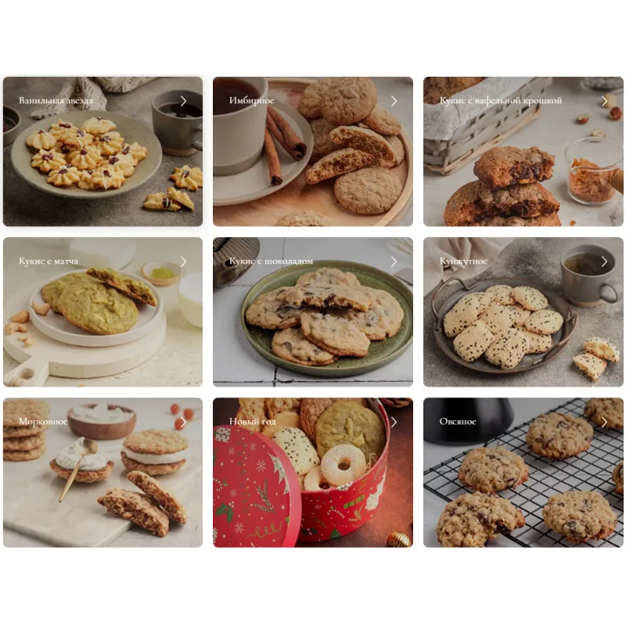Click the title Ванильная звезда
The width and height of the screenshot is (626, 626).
coord(56,100)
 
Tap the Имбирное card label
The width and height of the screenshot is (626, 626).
coord(251,100)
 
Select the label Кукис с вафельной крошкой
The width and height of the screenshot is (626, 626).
coord(501,100)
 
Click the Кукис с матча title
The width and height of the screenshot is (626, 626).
coord(49,261)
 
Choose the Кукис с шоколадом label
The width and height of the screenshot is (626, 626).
coord(271,261)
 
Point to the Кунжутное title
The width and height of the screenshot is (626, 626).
coord(463,261)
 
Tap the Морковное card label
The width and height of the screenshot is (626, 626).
coord(43,422)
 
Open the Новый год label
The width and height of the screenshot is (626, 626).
coord(252,422)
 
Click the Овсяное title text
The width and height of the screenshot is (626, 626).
coord(458,422)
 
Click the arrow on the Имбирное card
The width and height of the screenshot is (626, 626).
coord(394,101)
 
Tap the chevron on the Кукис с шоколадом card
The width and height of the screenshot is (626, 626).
coord(394,261)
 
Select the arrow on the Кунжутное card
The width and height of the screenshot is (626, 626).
coord(604,261)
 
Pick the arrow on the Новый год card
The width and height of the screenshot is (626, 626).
coord(394,422)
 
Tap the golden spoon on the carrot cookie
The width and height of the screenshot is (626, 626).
coord(77,468)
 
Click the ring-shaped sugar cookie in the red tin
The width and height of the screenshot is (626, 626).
coord(343,465)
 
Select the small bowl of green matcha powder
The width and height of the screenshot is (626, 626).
coord(161,272)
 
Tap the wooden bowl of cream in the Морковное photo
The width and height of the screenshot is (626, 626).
coord(102,421)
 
